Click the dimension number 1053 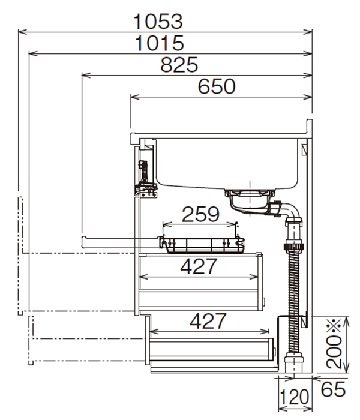click(158, 22)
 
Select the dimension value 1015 click(160, 43)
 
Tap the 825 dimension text click(179, 65)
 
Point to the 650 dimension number click(217, 86)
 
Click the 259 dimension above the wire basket click(200, 214)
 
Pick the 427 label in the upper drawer click(199, 266)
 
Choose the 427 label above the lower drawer click(208, 321)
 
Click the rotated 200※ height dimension click(334, 344)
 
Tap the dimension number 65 click(333, 389)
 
